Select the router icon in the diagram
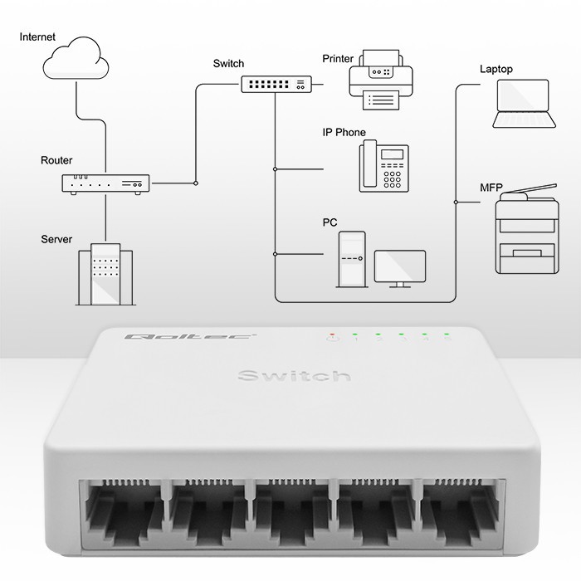pos(105,184)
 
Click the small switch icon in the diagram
pos(276,84)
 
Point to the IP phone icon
pos(383,166)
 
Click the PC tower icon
pos(351,259)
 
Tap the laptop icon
pos(523,105)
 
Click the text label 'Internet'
pos(38,37)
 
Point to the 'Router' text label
pos(56,160)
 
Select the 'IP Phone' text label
pos(344,133)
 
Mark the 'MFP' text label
pos(491,187)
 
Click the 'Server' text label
pos(56,239)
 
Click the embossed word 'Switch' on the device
pos(294,377)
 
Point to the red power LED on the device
pos(333,337)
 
